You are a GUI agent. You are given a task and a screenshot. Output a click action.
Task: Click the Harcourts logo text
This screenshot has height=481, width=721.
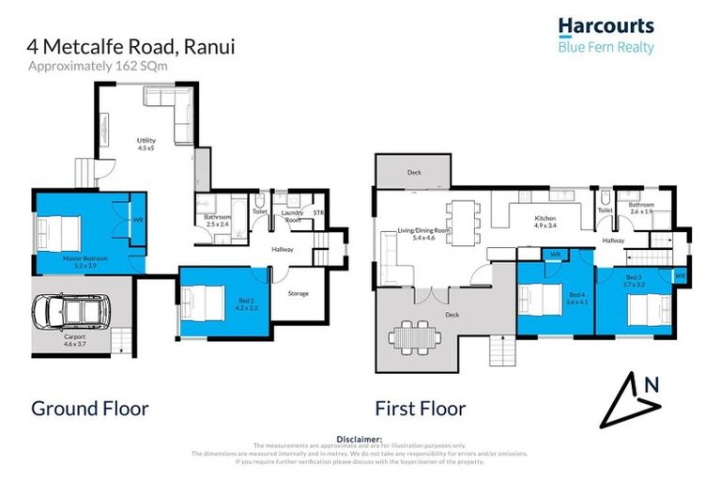pyautogui.click(x=606, y=26)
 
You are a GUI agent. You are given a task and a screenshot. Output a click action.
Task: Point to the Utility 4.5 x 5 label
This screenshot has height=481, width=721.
pyautogui.click(x=146, y=144)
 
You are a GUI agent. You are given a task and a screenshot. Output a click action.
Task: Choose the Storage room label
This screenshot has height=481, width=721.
pyautogui.click(x=298, y=294)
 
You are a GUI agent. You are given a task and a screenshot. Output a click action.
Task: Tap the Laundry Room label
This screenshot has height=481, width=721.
pyautogui.click(x=292, y=217)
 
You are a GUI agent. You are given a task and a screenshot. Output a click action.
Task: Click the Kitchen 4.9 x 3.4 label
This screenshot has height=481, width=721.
pyautogui.click(x=545, y=223)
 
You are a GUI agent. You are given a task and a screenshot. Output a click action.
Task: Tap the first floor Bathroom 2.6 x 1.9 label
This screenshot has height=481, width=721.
pyautogui.click(x=641, y=209)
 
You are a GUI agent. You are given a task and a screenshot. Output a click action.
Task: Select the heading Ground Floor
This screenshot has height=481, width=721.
pyautogui.click(x=90, y=409)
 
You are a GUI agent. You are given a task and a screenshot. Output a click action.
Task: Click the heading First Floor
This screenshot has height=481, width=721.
pyautogui.click(x=420, y=409)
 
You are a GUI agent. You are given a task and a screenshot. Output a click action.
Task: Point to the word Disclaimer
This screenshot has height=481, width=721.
pyautogui.click(x=360, y=439)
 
